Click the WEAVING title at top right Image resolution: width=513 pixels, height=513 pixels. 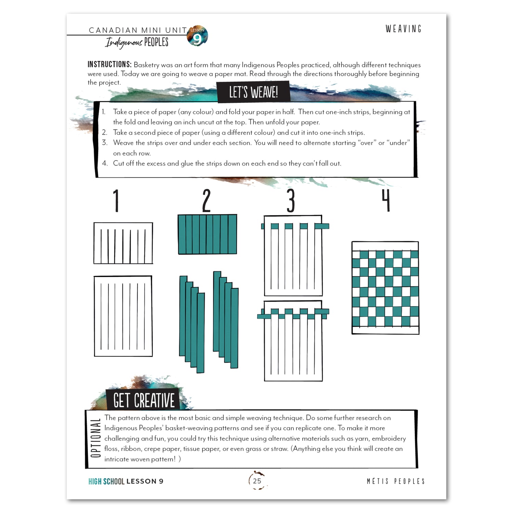[403, 29]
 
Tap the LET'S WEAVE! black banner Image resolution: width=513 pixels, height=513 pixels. [253, 92]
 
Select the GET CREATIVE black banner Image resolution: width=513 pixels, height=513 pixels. [143, 400]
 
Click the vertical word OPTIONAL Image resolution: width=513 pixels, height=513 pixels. [96, 438]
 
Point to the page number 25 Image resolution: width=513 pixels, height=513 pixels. [257, 481]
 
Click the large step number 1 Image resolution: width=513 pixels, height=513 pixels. [116, 201]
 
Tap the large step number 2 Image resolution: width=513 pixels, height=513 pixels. [206, 201]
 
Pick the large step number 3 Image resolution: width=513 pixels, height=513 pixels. [290, 201]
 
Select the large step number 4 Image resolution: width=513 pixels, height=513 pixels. [386, 201]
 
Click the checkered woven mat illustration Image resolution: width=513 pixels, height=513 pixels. [385, 288]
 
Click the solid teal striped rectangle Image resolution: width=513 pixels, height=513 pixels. [207, 234]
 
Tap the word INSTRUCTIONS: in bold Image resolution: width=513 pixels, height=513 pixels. [109, 65]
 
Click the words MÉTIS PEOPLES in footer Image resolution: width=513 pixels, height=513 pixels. [395, 481]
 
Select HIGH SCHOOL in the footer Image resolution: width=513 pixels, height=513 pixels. [106, 481]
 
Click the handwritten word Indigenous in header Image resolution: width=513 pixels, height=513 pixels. [123, 43]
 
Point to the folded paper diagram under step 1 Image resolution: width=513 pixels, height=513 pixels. [123, 243]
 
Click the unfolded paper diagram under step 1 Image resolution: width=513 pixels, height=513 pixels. [123, 316]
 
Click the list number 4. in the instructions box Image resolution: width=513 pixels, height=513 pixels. [105, 163]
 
